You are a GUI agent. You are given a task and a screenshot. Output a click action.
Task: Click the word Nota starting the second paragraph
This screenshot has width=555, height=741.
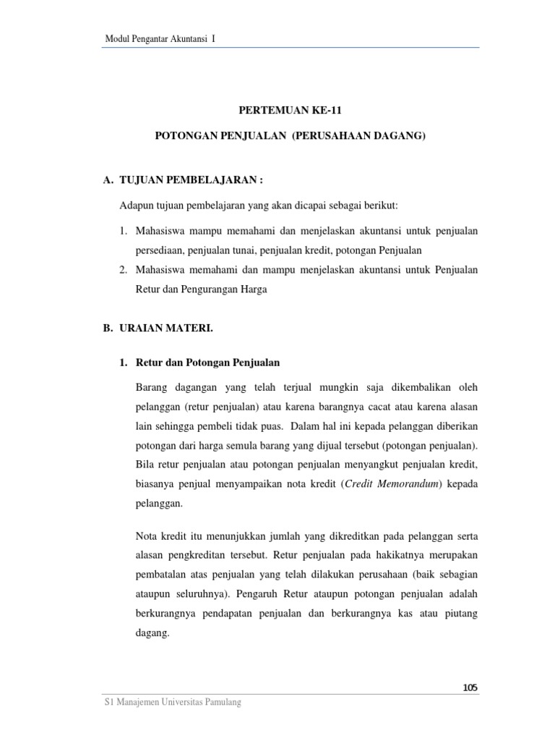(x=147, y=536)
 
